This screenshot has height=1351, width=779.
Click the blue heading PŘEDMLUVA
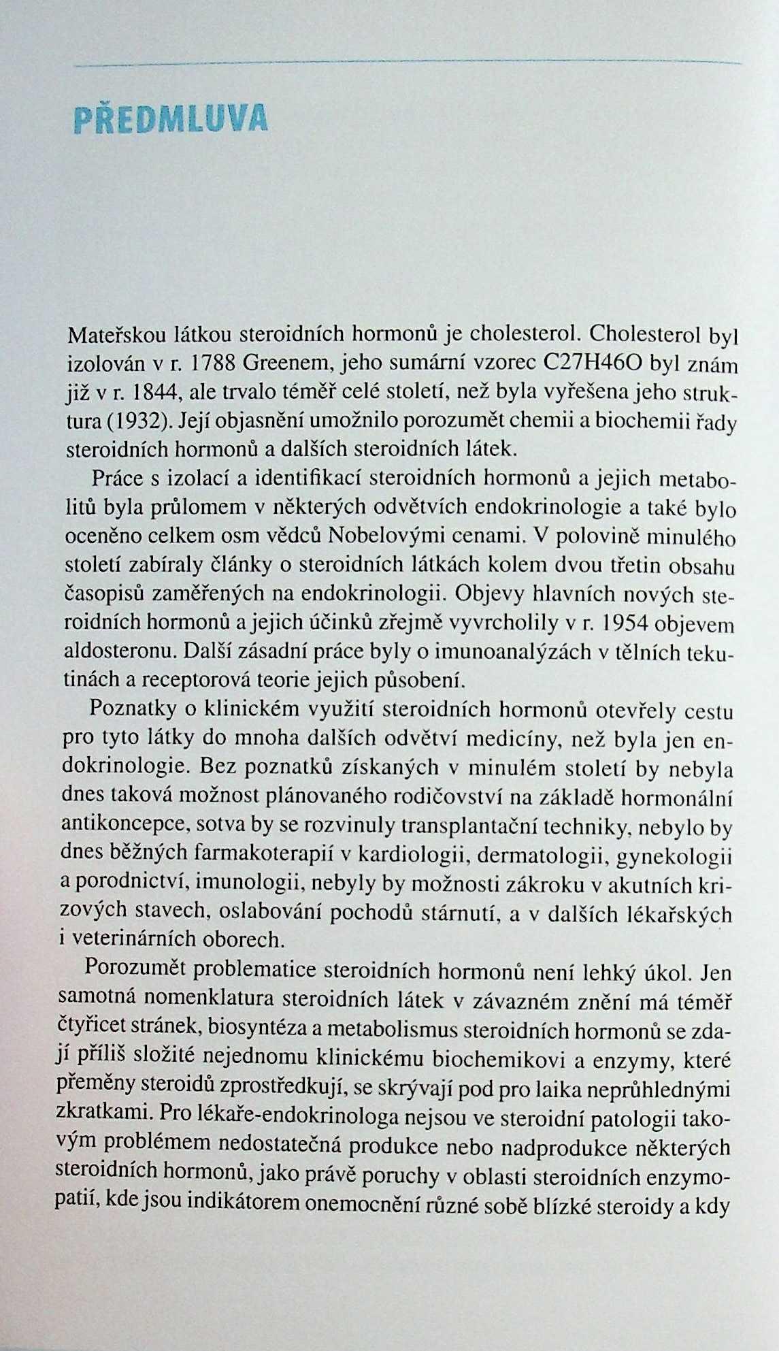point(170,119)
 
